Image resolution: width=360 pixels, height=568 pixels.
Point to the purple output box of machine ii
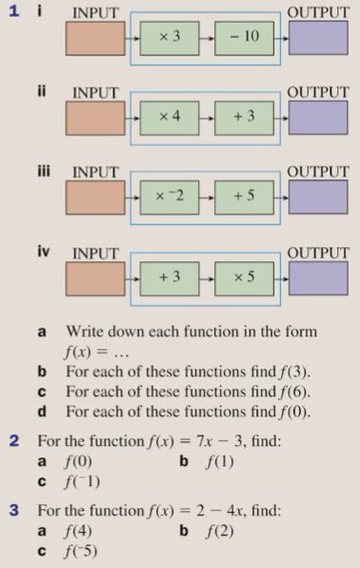click(x=319, y=117)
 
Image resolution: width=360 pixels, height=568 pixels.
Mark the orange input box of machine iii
click(x=95, y=197)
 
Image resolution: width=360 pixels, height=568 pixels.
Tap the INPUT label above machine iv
click(x=95, y=254)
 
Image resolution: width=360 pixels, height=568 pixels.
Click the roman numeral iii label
click(x=42, y=172)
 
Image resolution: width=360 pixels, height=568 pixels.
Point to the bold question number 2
click(x=15, y=442)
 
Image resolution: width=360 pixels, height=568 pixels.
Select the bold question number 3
click(x=15, y=510)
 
